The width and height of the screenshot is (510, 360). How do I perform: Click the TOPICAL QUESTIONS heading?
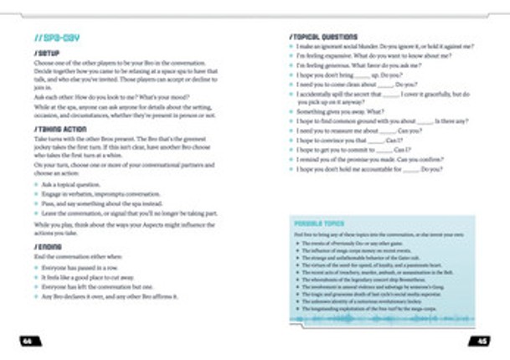coord(322,37)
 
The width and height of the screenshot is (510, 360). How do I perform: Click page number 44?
coord(28,339)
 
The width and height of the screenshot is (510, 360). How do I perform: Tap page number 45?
coord(482,339)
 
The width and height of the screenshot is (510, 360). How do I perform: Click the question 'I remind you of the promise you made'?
coord(376,160)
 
